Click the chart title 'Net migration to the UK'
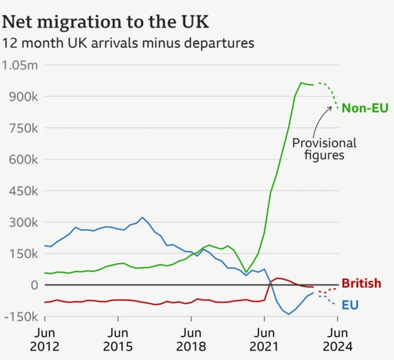(x=106, y=23)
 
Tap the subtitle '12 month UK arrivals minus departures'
(x=128, y=43)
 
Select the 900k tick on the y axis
(x=22, y=97)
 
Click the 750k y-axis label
(x=22, y=129)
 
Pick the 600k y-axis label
(x=22, y=160)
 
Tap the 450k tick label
(x=22, y=191)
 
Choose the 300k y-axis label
(x=22, y=222)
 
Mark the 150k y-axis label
(x=22, y=254)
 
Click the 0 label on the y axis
(x=35, y=285)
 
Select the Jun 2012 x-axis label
(x=45, y=339)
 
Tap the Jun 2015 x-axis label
(x=118, y=339)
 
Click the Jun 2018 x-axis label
(x=191, y=339)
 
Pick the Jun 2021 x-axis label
(x=264, y=339)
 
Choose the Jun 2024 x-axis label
(x=337, y=339)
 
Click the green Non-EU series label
(x=365, y=109)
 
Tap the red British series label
(x=361, y=283)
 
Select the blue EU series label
(x=350, y=305)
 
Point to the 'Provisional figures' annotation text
(x=324, y=149)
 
